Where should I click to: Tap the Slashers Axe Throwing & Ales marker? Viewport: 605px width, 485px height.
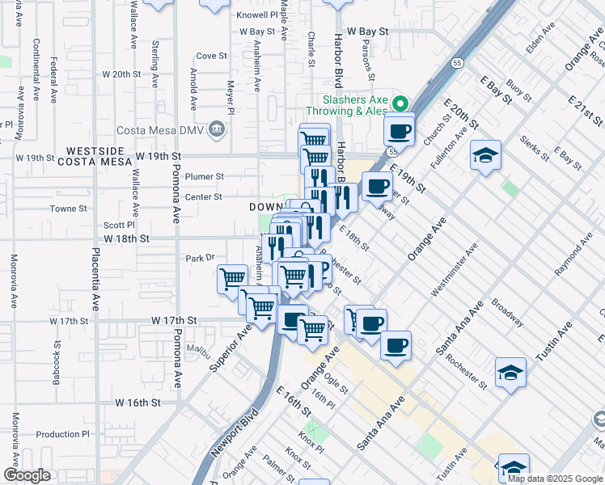point(400,104)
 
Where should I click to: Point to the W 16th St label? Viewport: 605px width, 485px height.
point(137,403)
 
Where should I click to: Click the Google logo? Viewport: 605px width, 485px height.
point(27,475)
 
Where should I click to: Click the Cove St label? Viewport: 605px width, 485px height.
point(211,56)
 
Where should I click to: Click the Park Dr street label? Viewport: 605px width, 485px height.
point(198,258)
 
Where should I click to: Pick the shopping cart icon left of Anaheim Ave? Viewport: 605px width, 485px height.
point(232,278)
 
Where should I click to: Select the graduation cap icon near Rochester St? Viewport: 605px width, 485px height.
point(510,372)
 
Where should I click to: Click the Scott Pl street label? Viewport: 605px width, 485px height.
point(119,226)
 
